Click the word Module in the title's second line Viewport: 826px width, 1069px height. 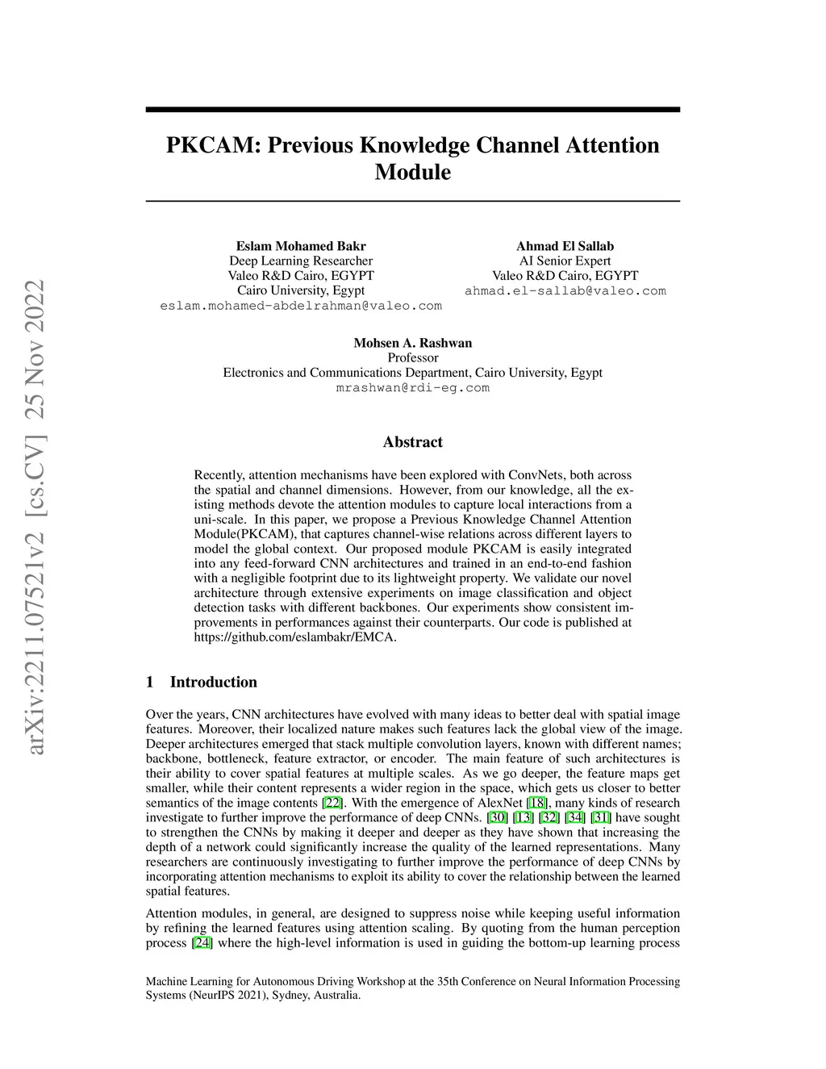point(412,173)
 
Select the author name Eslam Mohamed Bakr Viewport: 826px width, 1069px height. point(301,246)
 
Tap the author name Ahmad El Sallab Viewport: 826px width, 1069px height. point(565,246)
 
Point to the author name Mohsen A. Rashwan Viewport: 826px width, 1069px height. point(412,343)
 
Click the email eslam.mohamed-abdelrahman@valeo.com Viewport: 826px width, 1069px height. point(301,306)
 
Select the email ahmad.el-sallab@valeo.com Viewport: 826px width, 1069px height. point(565,290)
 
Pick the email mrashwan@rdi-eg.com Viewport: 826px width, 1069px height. point(412,387)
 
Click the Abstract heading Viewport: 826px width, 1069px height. point(412,442)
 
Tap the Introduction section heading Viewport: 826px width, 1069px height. point(213,682)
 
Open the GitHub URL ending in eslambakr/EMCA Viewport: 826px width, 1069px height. point(295,637)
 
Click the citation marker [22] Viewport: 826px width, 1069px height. point(332,803)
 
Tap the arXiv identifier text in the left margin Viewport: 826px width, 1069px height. point(35,516)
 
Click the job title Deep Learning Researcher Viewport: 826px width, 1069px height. point(301,261)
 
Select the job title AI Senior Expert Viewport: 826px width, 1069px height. point(565,261)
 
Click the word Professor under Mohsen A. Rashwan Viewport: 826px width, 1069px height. point(412,357)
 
